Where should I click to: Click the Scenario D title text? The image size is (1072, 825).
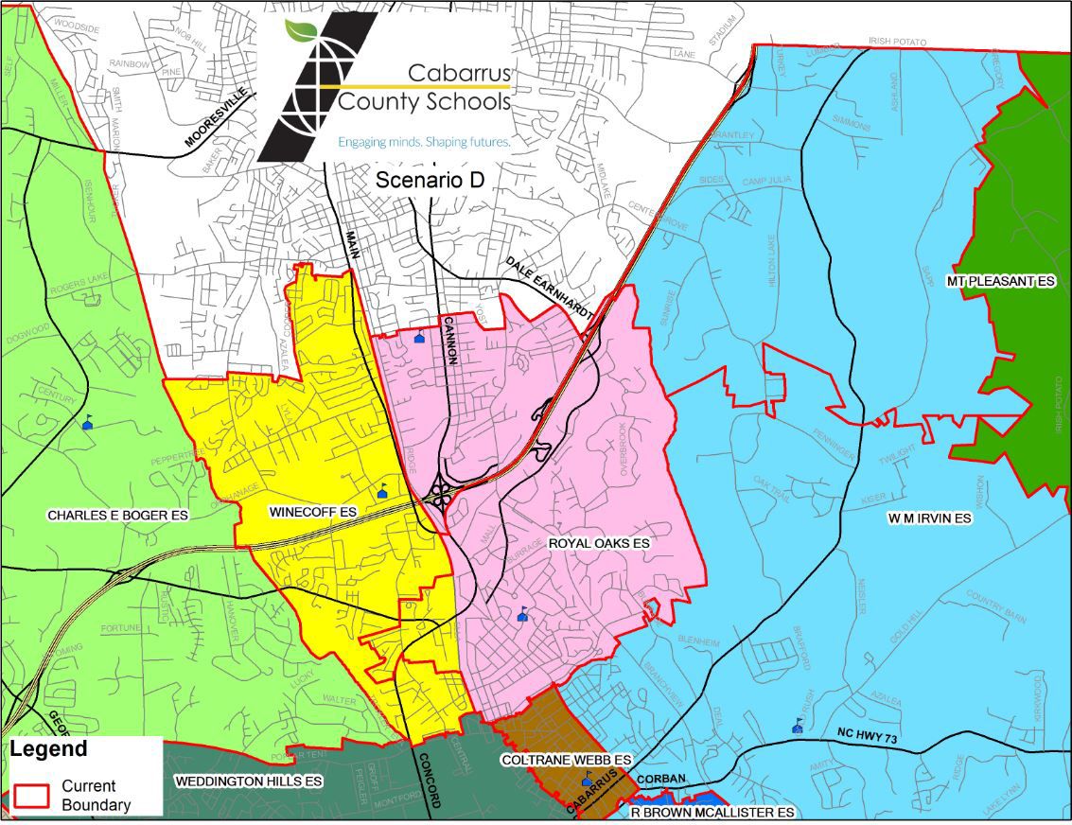point(430,181)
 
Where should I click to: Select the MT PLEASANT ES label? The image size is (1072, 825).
point(1000,282)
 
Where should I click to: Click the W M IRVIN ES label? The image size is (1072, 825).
point(929,518)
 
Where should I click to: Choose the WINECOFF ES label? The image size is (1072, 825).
point(312,512)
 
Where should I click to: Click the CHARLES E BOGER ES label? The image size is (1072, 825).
point(117,516)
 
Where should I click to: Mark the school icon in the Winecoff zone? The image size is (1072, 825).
point(383,491)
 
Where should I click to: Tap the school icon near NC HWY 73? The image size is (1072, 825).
point(799,726)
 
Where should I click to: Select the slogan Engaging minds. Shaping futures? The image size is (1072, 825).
point(424,142)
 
